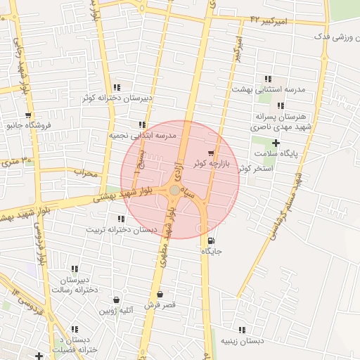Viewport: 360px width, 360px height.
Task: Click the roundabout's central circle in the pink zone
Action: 174,190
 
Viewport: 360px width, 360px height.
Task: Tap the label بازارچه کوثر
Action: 190,162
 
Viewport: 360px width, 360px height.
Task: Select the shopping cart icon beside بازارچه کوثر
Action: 211,153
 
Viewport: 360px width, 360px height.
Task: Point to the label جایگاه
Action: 212,251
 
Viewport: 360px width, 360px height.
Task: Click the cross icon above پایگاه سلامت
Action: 276,143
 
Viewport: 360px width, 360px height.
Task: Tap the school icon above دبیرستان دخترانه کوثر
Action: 117,88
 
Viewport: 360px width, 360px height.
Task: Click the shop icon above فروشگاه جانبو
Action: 28,115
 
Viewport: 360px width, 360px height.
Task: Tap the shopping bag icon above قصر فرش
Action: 160,295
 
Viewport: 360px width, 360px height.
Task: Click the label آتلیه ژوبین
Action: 115,310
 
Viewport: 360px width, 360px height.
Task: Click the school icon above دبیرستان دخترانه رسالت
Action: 75,269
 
